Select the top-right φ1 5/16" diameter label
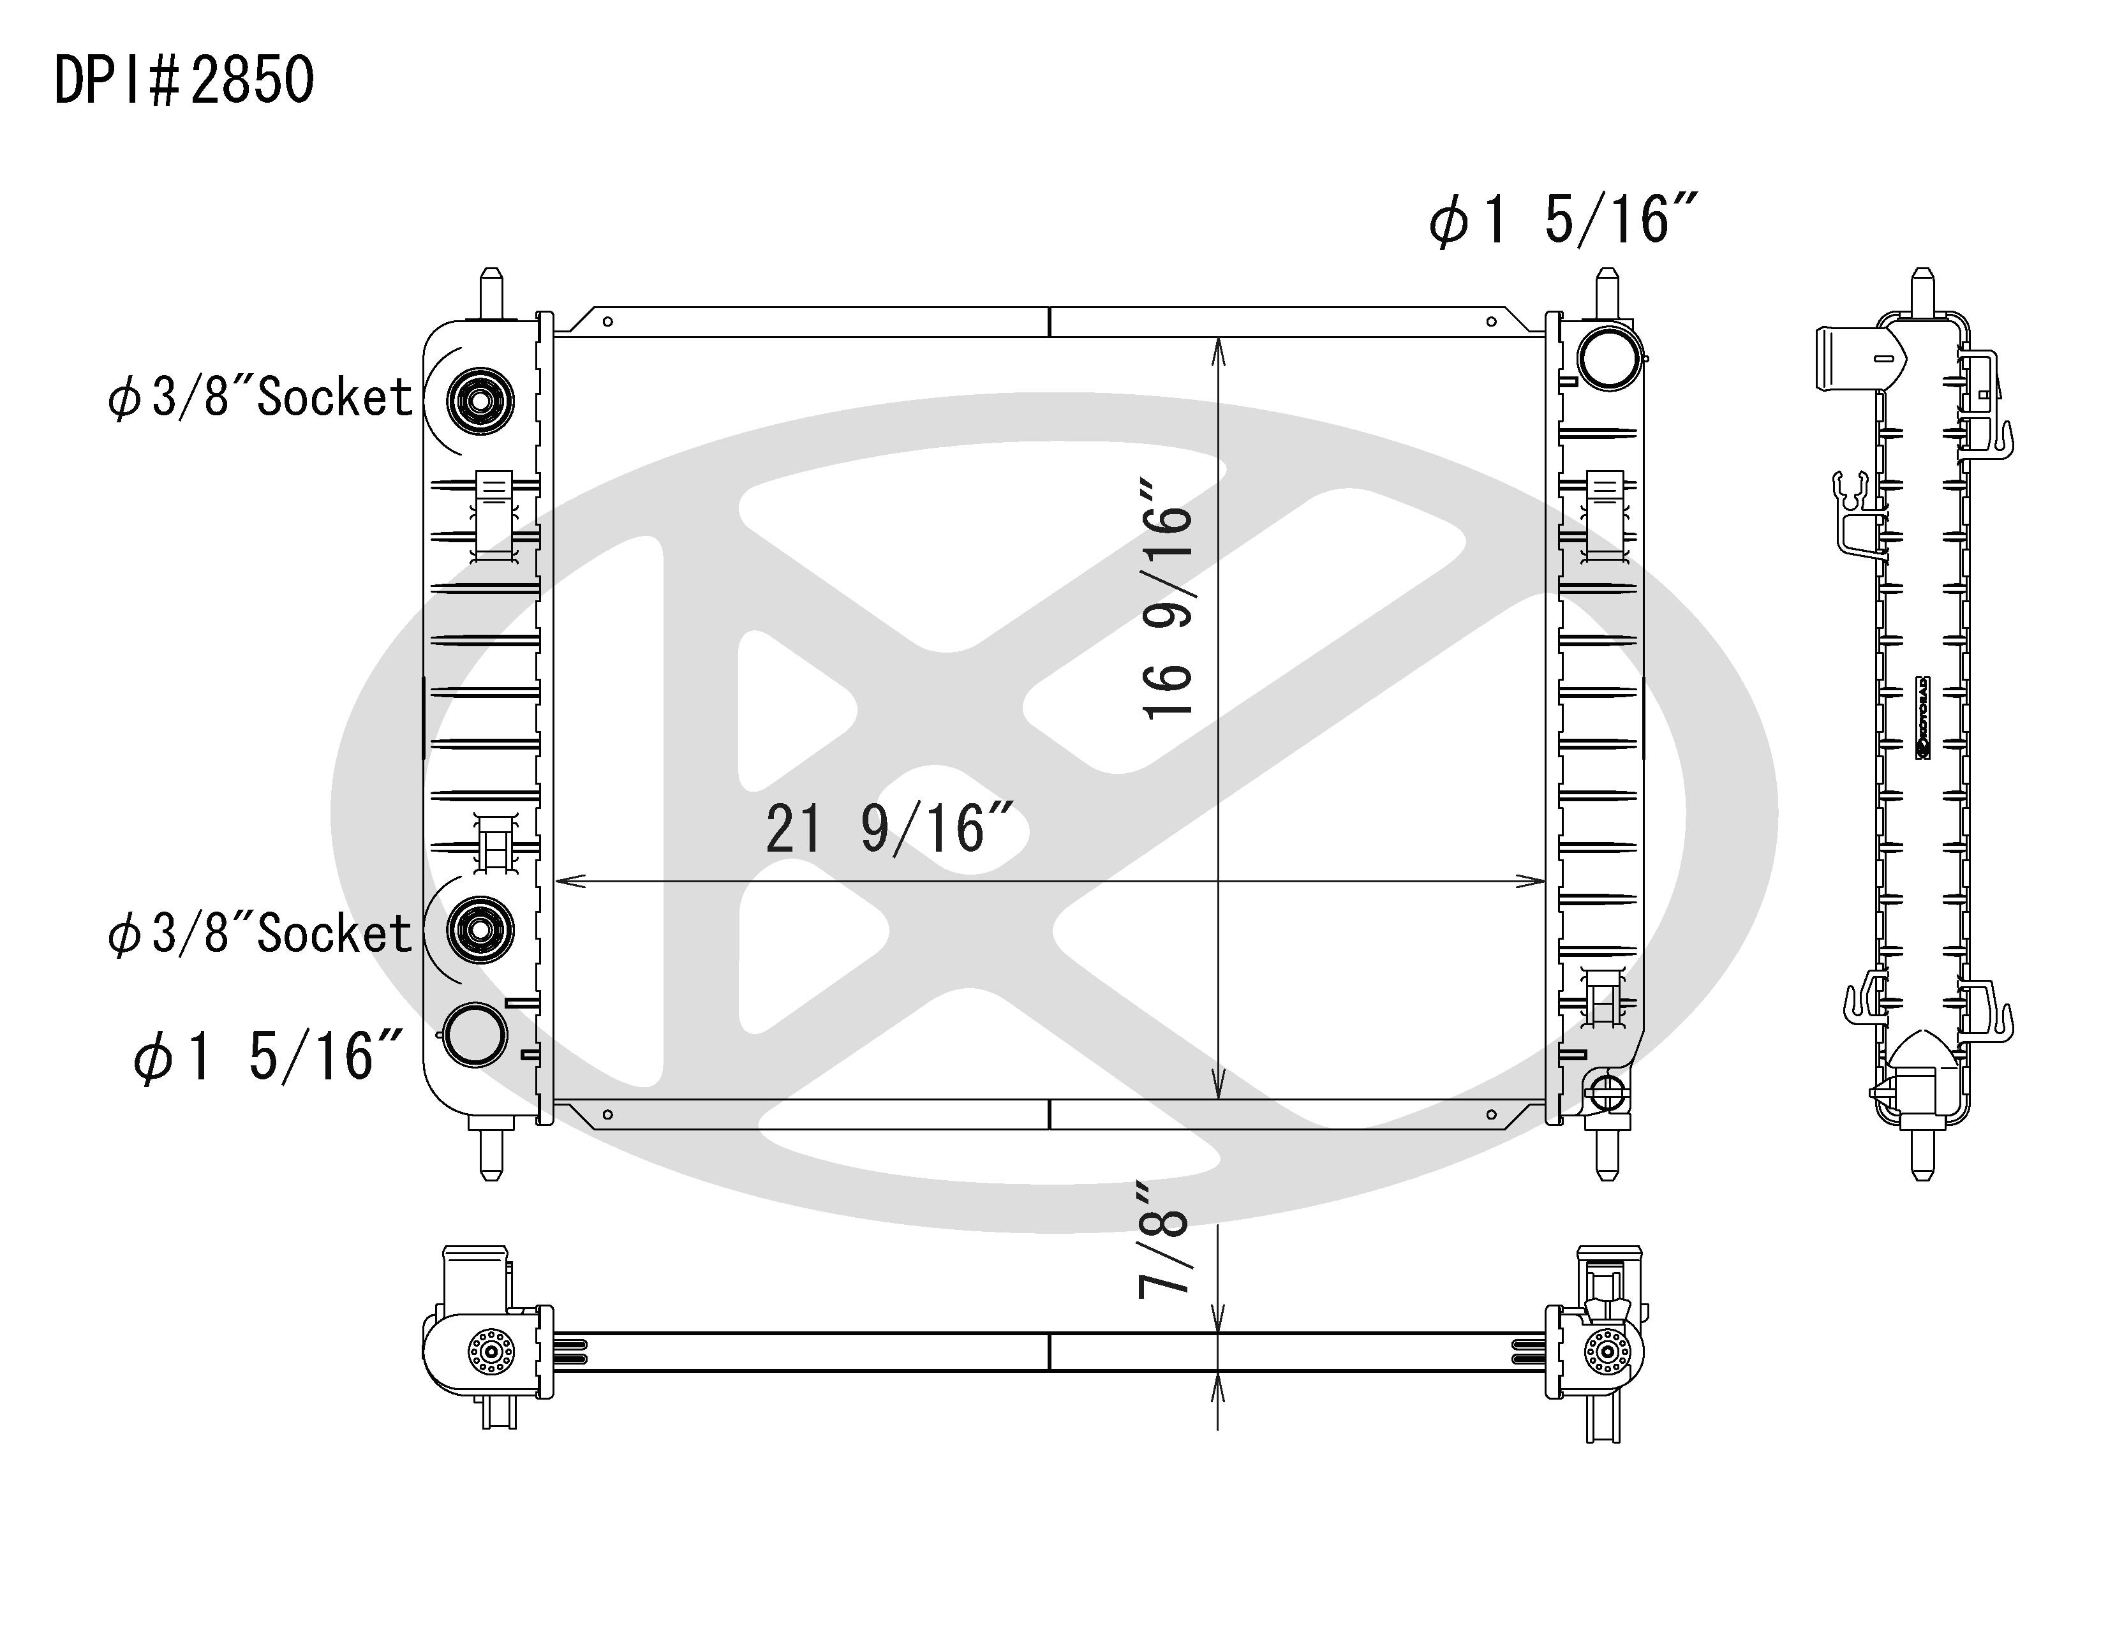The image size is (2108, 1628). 1562,221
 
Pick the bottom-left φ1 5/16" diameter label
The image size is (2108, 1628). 267,1056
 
